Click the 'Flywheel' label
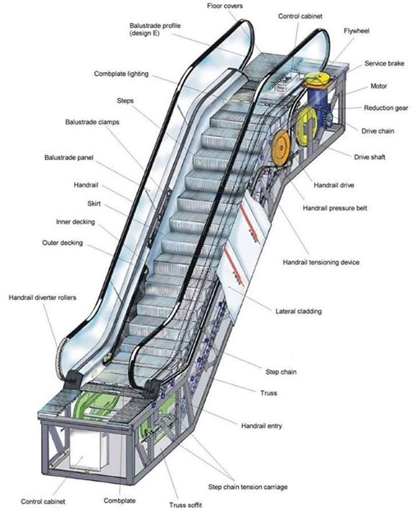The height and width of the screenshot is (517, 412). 356,31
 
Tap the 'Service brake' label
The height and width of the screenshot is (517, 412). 384,63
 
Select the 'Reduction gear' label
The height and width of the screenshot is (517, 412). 385,108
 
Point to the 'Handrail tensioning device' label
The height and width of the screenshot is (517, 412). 321,263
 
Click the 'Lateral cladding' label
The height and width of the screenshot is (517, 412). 298,311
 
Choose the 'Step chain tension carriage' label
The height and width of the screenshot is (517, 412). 247,487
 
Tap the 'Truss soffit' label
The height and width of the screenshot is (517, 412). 186,505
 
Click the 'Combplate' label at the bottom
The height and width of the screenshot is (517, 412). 119,500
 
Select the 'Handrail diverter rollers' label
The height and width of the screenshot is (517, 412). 42,297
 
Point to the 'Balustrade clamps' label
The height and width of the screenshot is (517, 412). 92,122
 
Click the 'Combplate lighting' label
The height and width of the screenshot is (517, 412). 122,74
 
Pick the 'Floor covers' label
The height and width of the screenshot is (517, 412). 224,6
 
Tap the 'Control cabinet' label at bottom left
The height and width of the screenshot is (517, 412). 42,501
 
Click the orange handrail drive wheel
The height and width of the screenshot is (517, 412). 281,146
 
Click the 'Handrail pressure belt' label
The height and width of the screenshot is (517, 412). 335,208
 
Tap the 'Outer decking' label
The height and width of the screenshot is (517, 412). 63,243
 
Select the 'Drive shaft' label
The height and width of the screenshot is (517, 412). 370,157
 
